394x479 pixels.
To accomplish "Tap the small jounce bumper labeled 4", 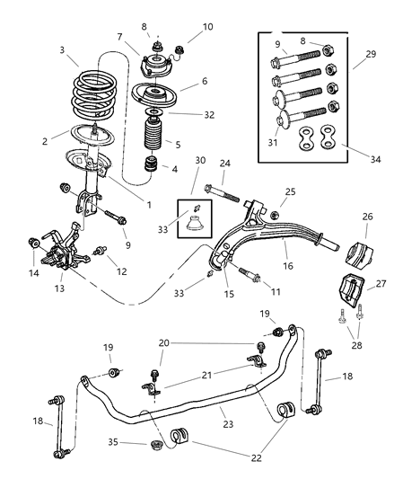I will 153,167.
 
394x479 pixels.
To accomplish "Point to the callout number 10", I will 207,28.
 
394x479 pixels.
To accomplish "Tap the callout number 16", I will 288,267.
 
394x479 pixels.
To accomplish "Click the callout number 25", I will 291,192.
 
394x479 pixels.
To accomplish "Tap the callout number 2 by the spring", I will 45,141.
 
